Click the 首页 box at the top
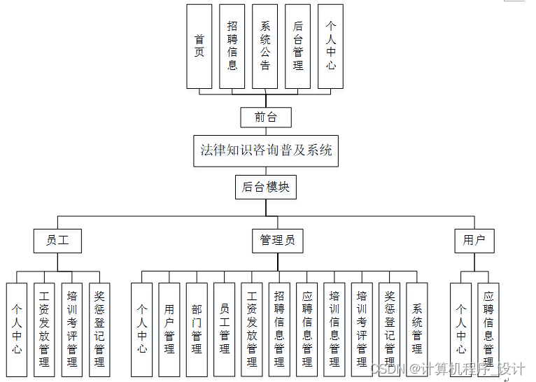pos(199,46)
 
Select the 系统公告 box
pos(265,46)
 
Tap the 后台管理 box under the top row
pos(298,46)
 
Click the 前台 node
pos(265,118)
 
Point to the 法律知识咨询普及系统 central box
pos(266,150)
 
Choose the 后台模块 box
pos(265,187)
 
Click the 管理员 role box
pos(277,241)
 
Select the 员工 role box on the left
pos(57,241)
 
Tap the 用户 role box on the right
pos(474,241)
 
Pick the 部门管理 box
pos(197,329)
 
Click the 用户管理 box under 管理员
pos(169,329)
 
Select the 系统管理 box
pos(417,329)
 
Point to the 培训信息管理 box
pos(334,329)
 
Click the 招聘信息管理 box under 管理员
pos(279,329)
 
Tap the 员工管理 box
pos(225,329)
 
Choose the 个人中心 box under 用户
pos(461,329)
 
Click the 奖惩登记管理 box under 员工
pos(99,329)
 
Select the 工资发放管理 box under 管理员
pos(252,329)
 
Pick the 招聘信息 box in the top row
pos(232,46)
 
